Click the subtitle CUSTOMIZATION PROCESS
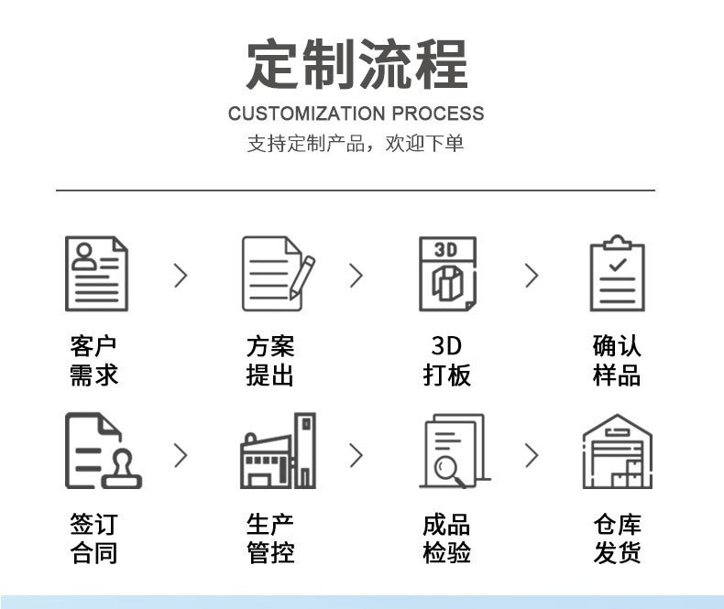pyautogui.click(x=356, y=114)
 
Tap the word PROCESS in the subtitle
pyautogui.click(x=437, y=114)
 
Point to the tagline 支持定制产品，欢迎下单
pyautogui.click(x=356, y=144)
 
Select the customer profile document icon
pyautogui.click(x=95, y=273)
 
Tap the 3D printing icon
pyautogui.click(x=447, y=273)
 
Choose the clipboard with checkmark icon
pyautogui.click(x=617, y=273)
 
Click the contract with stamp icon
pyautogui.click(x=99, y=451)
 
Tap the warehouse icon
pyautogui.click(x=617, y=451)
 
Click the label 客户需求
pyautogui.click(x=94, y=360)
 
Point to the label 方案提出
pyautogui.click(x=270, y=360)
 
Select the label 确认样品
pyautogui.click(x=617, y=360)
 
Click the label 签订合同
pyautogui.click(x=94, y=538)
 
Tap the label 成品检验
pyautogui.click(x=446, y=538)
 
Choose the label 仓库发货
pyautogui.click(x=617, y=538)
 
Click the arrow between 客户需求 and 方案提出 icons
pyautogui.click(x=181, y=275)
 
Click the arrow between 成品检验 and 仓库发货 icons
pyautogui.click(x=532, y=454)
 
